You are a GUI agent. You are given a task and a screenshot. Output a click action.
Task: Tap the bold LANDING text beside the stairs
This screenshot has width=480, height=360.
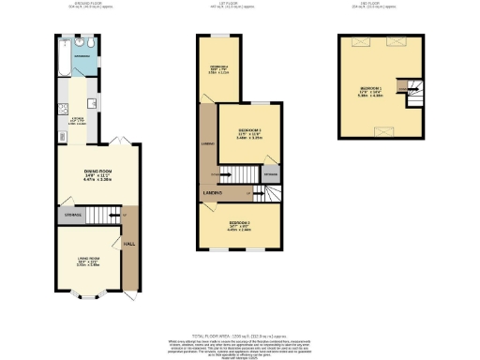pos(212,193)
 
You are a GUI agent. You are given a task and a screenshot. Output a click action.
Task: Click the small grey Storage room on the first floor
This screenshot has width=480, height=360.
pos(271,174)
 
